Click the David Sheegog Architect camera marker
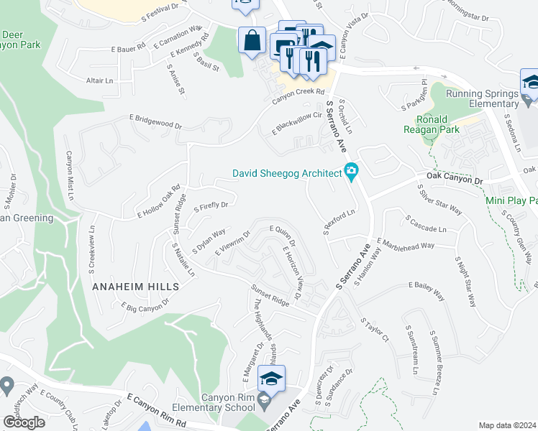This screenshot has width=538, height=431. point(352,172)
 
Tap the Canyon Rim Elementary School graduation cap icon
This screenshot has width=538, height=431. point(271,379)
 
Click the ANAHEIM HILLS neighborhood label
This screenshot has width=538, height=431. point(135,286)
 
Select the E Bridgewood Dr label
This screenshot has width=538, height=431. point(155,121)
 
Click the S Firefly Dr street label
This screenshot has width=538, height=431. point(210,206)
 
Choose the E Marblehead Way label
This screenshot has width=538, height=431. point(405,245)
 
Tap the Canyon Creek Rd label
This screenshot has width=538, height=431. point(299,91)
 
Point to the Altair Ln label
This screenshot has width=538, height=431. point(100,81)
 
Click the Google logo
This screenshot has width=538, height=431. point(24,422)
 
